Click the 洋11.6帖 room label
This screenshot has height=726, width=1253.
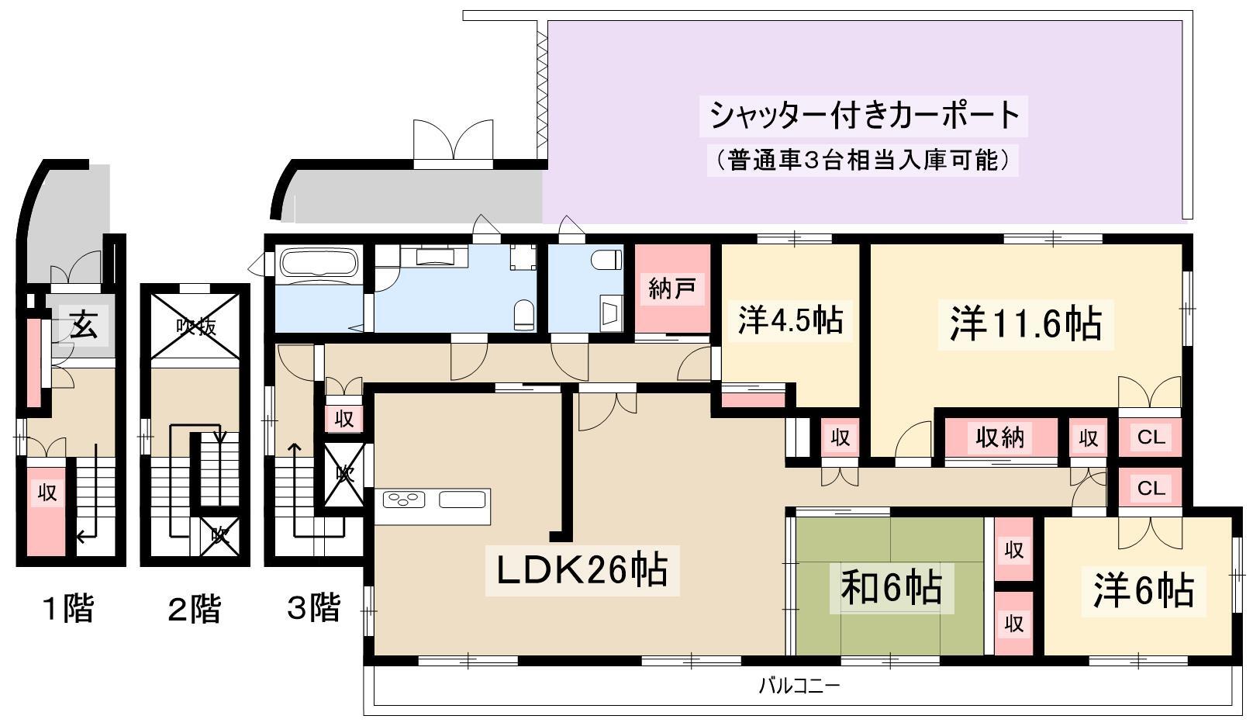[x=1025, y=324]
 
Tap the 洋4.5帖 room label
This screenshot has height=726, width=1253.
[x=790, y=320]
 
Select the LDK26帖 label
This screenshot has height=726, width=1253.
[x=582, y=570]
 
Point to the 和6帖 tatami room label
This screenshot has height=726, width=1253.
[x=891, y=588]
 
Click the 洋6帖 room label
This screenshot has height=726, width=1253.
[x=1144, y=590]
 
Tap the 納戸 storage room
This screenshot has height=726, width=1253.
[x=672, y=289]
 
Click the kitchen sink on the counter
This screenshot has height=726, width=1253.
[x=462, y=499]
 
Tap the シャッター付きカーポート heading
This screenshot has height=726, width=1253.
[x=864, y=116]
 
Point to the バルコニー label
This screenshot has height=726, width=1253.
[x=799, y=686]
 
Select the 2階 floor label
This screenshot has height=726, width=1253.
[x=194, y=608]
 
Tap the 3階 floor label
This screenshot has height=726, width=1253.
[x=314, y=607]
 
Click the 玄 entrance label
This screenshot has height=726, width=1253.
[x=84, y=325]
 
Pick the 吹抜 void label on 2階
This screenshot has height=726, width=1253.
[x=196, y=327]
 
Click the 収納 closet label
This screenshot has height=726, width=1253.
[x=1000, y=437]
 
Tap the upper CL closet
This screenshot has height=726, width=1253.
[x=1151, y=437]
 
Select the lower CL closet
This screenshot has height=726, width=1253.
[x=1151, y=488]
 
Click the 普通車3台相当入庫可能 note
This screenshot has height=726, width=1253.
[x=862, y=160]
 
